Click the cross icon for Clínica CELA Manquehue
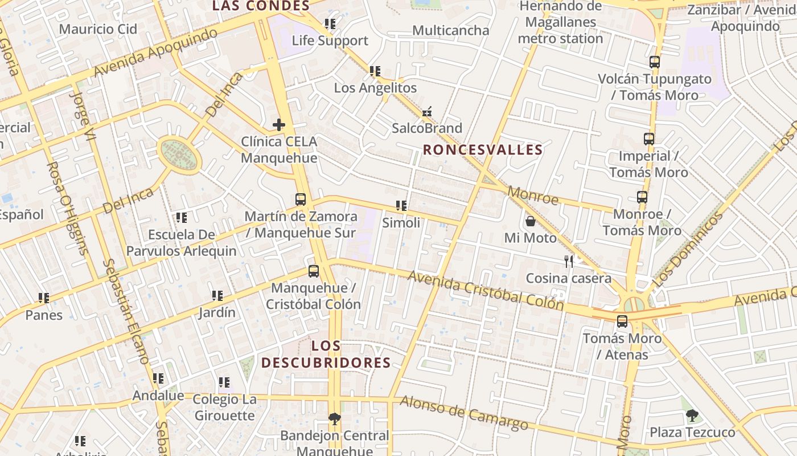pyautogui.click(x=278, y=124)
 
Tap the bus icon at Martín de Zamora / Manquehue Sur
pyautogui.click(x=301, y=199)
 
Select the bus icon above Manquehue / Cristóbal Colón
pyautogui.click(x=313, y=271)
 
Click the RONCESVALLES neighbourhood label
pyautogui.click(x=483, y=150)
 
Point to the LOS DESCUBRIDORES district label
pyautogui.click(x=326, y=354)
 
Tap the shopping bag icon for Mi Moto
pyautogui.click(x=530, y=221)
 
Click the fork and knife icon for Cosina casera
pyautogui.click(x=568, y=261)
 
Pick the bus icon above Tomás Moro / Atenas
pyautogui.click(x=622, y=321)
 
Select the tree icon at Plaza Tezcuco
pyautogui.click(x=692, y=416)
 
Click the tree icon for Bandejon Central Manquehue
pyautogui.click(x=335, y=419)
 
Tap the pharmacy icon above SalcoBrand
pyautogui.click(x=427, y=112)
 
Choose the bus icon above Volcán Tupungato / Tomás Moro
pyautogui.click(x=655, y=62)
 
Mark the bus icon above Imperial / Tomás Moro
pyautogui.click(x=648, y=139)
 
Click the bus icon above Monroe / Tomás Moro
pyautogui.click(x=642, y=197)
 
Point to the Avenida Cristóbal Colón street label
pyautogui.click(x=486, y=291)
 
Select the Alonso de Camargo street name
pyautogui.click(x=464, y=413)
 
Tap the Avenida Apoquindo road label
pyautogui.click(x=155, y=52)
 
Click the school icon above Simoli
pyautogui.click(x=401, y=206)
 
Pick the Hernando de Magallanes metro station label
pyautogui.click(x=560, y=23)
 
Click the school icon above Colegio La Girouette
pyautogui.click(x=224, y=382)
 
